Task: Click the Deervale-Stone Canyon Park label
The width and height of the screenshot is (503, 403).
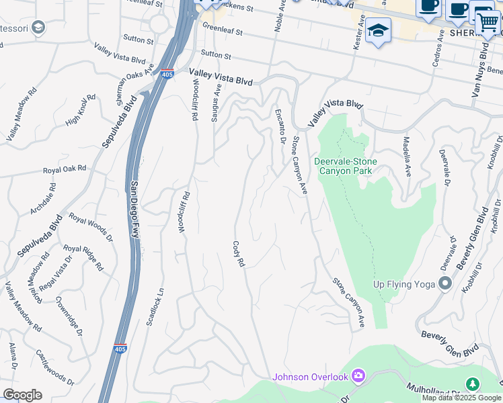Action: pos(345,166)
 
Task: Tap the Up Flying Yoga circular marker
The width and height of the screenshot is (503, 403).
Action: pos(444,283)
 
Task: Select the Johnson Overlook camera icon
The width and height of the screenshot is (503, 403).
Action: pos(358,376)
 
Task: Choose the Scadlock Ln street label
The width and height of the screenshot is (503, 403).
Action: pos(154,308)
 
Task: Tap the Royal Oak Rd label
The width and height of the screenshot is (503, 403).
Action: pos(65,169)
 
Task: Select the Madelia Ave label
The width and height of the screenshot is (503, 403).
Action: pos(407,156)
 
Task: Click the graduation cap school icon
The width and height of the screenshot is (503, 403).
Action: pos(379,32)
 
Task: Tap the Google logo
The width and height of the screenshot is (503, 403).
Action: pos(22,395)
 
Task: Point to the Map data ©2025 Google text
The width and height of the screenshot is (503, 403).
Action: pos(461,398)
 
